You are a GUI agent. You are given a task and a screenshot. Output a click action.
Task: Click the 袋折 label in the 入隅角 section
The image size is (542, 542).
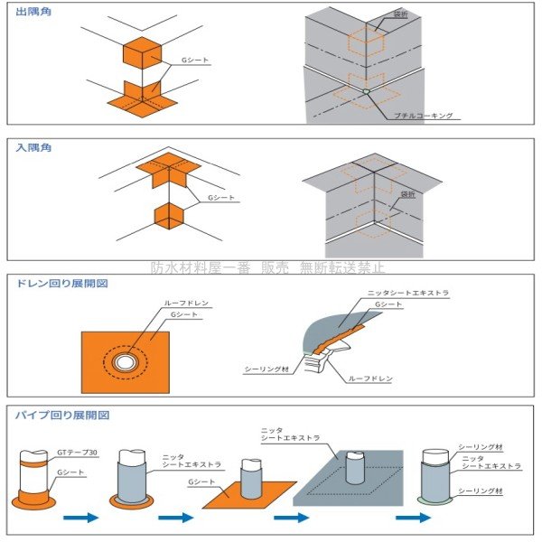point(407,193)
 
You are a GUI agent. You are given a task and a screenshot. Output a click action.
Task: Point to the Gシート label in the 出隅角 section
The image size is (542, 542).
point(192,60)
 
